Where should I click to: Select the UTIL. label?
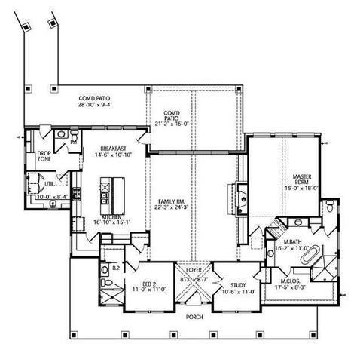tap(49, 183)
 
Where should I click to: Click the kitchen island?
tap(106, 195)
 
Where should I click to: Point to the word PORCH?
tap(194, 317)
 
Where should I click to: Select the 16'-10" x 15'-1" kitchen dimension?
tap(111, 222)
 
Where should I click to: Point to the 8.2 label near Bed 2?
tap(115, 268)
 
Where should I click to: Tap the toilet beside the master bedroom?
tap(331, 207)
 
